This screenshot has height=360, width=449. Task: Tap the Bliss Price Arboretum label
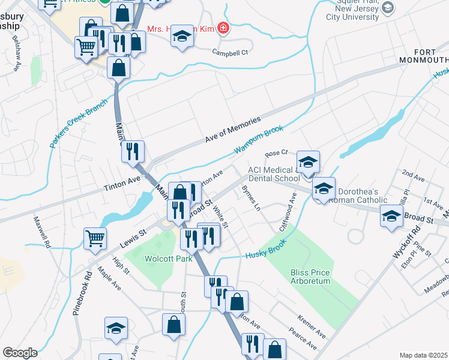(x=310, y=277)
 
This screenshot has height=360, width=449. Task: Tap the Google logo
(x=20, y=352)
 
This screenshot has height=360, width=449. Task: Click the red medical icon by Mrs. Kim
(x=223, y=28)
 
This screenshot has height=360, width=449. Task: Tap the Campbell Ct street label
(x=230, y=53)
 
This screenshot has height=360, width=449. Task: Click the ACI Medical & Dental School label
(x=274, y=174)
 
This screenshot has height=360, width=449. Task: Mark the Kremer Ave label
(x=312, y=325)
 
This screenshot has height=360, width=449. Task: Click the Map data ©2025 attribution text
(x=424, y=355)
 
